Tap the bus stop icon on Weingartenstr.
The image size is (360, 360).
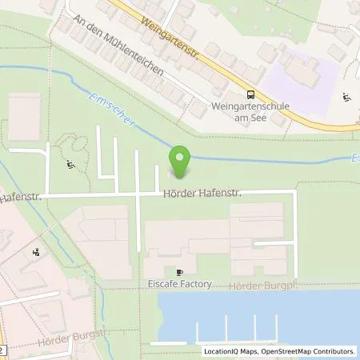250,94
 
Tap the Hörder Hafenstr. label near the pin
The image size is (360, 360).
202,193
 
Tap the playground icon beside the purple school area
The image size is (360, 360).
346,98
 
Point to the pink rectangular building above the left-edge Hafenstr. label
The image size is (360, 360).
25,117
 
